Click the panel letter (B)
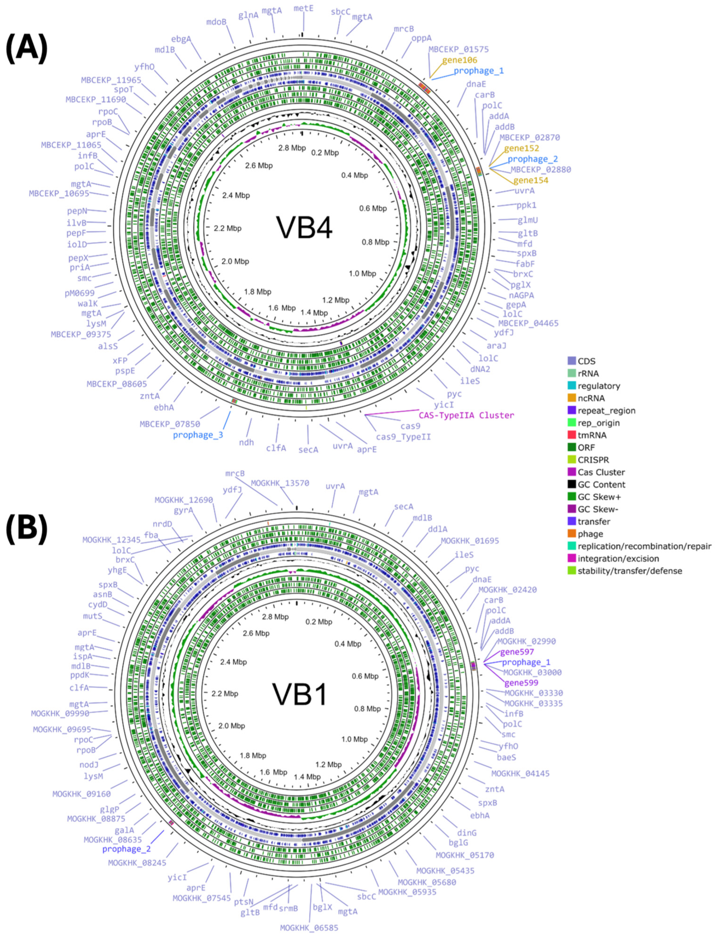pos(27,528)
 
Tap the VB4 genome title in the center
pos(304,227)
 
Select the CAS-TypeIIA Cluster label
pos(466,415)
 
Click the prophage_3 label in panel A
pos(198,435)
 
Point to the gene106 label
pos(459,60)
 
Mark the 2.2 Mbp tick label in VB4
pos(228,228)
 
